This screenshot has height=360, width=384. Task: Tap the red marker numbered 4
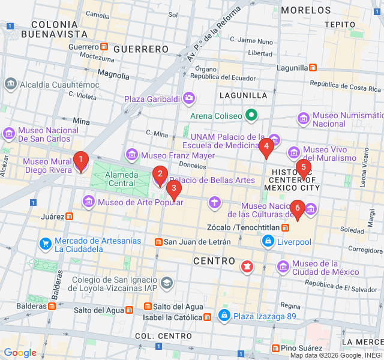click(x=266, y=146)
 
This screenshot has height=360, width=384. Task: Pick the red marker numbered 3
click(x=173, y=189)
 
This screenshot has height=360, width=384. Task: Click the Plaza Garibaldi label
click(x=152, y=98)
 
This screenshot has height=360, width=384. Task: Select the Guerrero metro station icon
click(x=104, y=47)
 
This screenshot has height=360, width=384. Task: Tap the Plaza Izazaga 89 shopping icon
click(x=224, y=316)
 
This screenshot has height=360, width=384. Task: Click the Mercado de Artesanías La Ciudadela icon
click(x=45, y=244)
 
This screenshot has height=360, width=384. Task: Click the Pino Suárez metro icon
click(x=275, y=348)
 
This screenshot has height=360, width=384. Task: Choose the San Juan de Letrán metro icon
click(x=158, y=242)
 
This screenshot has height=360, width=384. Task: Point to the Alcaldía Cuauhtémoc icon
click(x=10, y=83)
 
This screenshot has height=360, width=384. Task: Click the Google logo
click(x=20, y=353)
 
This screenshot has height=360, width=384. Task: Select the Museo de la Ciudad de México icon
click(x=282, y=265)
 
